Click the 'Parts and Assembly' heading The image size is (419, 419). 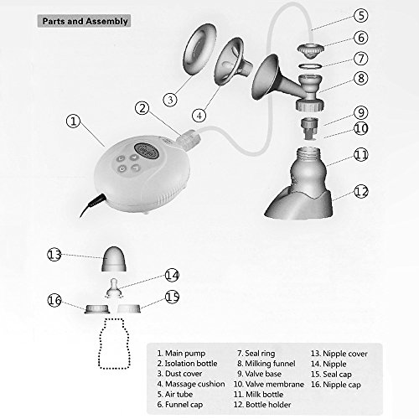point(85,21)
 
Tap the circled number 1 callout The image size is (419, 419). point(73,122)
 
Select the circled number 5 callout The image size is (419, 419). point(361,15)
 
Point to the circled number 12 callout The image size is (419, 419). point(361,192)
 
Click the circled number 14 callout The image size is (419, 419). point(172,276)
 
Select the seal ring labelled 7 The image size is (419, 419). point(310,66)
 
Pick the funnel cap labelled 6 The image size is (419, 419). point(310,51)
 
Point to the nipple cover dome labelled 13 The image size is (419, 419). point(114,259)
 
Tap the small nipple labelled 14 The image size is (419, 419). point(114,287)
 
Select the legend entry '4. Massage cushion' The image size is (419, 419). point(191,384)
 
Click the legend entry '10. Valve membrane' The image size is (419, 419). point(269,384)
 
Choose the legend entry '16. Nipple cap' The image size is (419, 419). point(336,385)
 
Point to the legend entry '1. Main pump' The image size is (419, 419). point(181,354)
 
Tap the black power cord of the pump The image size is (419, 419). point(92,205)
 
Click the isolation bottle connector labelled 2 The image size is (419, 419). point(189,138)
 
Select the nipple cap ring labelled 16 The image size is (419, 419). point(97,309)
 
